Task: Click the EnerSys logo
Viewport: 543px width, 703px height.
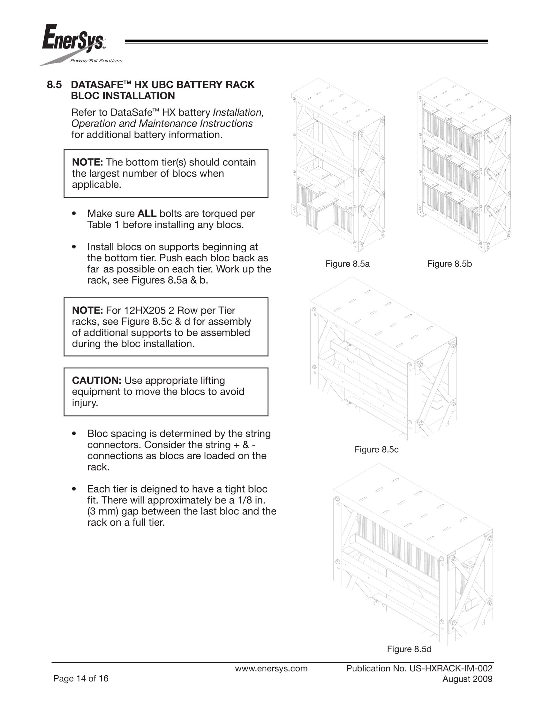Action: click(73, 40)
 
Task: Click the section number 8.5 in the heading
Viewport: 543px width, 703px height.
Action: click(54, 85)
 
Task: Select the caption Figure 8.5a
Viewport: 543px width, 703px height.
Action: click(347, 264)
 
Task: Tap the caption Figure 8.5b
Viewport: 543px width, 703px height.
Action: click(449, 264)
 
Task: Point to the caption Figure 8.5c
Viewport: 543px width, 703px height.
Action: click(376, 449)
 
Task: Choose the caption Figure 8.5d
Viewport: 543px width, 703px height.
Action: click(409, 649)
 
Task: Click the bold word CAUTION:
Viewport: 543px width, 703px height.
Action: click(96, 380)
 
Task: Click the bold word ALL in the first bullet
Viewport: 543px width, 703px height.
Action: click(147, 214)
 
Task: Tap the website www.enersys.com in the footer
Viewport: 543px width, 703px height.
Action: click(271, 669)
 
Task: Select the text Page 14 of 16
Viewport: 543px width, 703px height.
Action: click(81, 678)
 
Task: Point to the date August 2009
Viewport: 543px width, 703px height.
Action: click(467, 679)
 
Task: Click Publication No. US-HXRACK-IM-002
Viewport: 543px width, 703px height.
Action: click(419, 669)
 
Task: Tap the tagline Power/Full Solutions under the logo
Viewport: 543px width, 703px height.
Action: click(96, 61)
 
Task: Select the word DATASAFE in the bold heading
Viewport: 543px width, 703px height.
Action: click(96, 85)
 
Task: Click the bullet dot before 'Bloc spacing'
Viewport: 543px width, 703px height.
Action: click(74, 433)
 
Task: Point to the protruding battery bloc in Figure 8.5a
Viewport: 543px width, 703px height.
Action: click(321, 215)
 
